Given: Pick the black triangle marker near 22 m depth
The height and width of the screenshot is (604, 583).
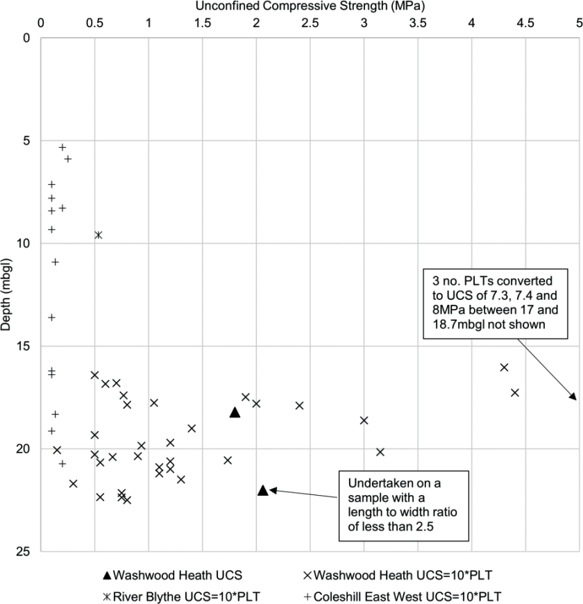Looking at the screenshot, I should tap(263, 490).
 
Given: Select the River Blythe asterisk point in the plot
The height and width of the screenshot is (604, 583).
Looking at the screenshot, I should tap(99, 235).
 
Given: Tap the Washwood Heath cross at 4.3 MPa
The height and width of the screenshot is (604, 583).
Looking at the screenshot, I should tap(504, 367).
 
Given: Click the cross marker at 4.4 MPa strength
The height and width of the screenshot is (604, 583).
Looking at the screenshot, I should tap(515, 392).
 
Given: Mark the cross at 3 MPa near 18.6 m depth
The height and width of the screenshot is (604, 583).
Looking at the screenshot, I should tap(364, 420).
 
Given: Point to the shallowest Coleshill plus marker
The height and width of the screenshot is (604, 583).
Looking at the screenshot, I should tap(62, 147).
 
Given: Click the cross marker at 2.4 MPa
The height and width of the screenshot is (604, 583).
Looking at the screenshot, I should tap(300, 405).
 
